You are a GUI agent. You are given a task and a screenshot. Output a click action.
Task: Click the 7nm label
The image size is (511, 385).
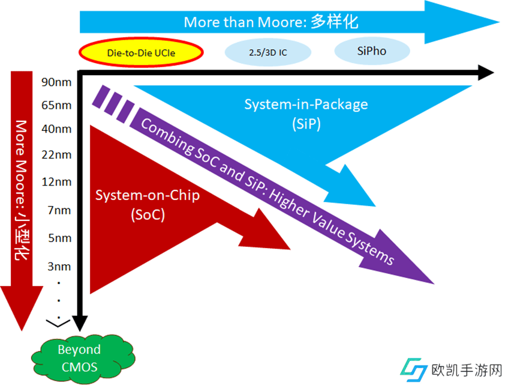tap(59, 210)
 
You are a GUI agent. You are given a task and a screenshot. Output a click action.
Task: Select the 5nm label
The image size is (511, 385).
tap(59, 238)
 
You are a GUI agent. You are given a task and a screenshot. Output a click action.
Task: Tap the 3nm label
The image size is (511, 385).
tap(59, 266)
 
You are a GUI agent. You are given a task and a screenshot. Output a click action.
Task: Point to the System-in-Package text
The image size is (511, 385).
tap(306, 105)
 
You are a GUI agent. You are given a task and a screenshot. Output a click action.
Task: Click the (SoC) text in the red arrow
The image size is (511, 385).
tap(148, 214)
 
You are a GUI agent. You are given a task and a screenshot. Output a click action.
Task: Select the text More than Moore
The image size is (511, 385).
tap(245, 23)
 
